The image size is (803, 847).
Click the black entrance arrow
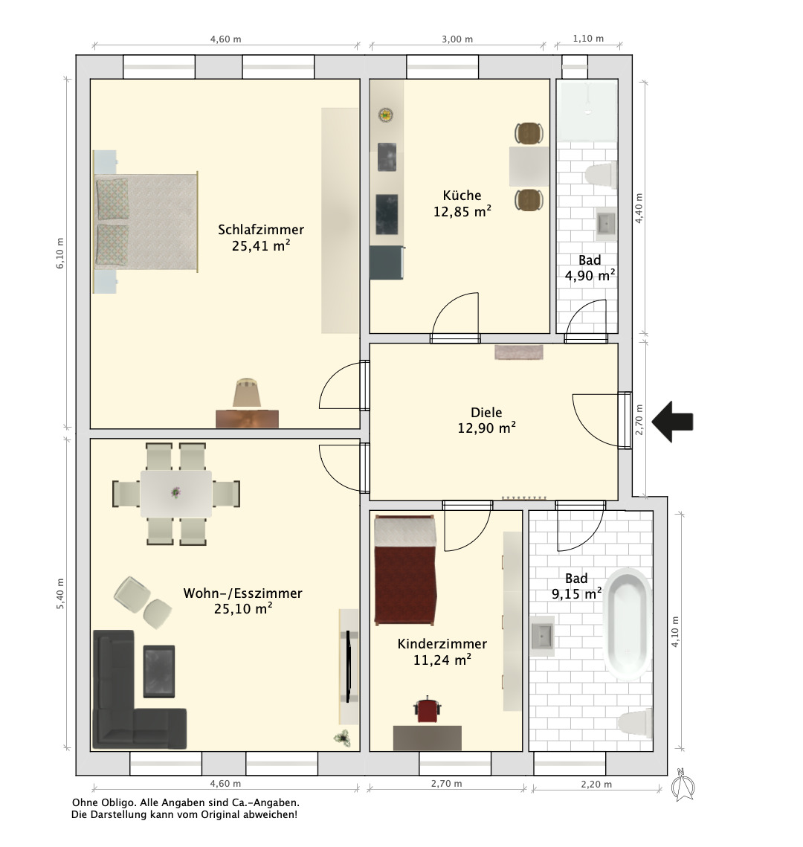click(x=672, y=422)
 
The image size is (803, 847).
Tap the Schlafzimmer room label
click(x=261, y=230)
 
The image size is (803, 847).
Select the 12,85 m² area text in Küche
click(x=462, y=211)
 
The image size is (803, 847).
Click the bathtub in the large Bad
click(x=627, y=623)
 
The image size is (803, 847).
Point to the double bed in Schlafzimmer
click(x=146, y=222)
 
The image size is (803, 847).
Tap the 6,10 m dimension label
click(x=60, y=253)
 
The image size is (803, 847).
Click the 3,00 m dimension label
click(x=457, y=39)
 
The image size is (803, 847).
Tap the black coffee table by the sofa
click(x=159, y=671)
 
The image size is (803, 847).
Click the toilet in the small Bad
click(x=601, y=175)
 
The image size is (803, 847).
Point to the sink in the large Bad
click(x=541, y=636)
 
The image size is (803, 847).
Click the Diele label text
click(x=486, y=412)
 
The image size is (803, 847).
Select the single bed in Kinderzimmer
click(x=405, y=570)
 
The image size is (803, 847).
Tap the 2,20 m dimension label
click(x=597, y=785)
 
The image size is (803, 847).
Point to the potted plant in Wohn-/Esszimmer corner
click(x=341, y=738)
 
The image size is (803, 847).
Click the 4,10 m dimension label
click(x=675, y=632)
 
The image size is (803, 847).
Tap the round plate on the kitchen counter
click(x=385, y=115)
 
